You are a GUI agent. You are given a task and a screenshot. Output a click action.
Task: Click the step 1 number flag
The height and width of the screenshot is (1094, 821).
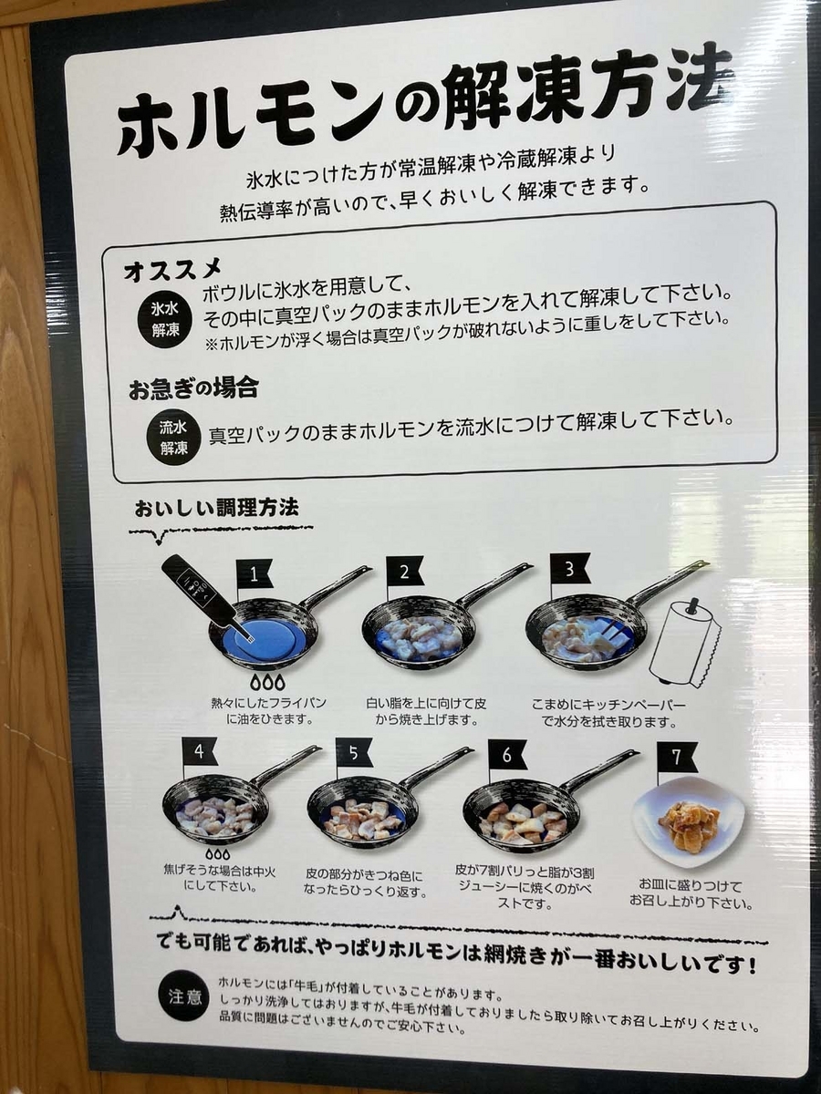(255, 574)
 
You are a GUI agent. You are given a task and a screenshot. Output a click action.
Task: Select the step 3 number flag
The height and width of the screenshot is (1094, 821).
(570, 569)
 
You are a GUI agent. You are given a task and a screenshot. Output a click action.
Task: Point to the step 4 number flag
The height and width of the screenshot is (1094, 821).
(201, 752)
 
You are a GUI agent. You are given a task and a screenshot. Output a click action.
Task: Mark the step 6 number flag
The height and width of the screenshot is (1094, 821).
(507, 755)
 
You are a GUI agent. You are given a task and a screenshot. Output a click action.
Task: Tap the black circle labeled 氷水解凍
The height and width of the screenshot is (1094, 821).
(165, 319)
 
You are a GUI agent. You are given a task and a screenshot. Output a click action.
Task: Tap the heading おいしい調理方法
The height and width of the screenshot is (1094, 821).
(217, 509)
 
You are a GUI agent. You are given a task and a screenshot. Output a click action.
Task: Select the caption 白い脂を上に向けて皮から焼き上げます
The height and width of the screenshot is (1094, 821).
(426, 712)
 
